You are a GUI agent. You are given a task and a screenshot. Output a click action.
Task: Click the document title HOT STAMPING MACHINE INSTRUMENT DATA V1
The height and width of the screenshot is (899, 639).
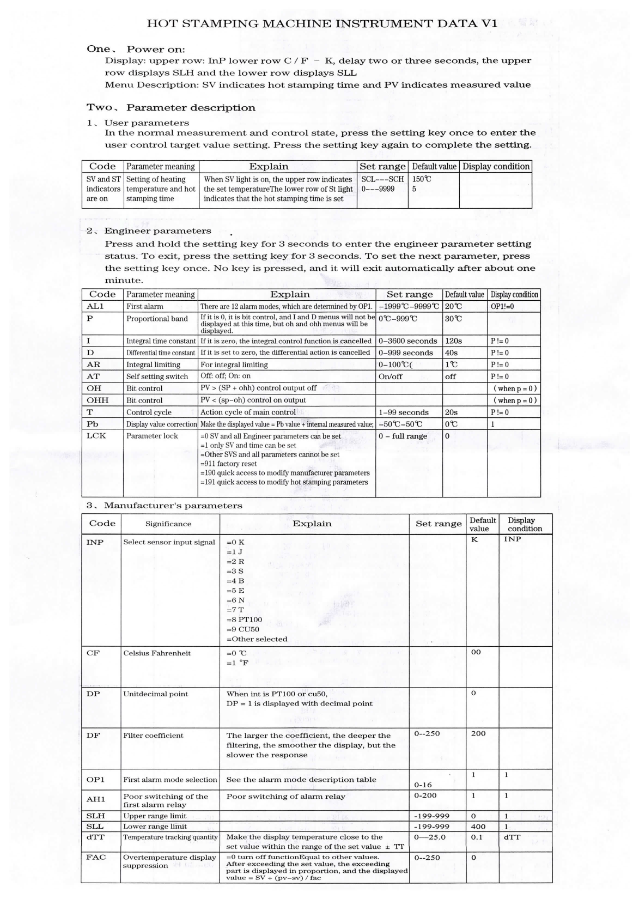pyautogui.click(x=322, y=24)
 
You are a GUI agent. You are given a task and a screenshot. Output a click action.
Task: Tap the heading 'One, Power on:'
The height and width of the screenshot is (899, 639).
pyautogui.click(x=136, y=50)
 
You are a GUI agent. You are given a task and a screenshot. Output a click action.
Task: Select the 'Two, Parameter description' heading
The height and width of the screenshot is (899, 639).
pyautogui.click(x=171, y=108)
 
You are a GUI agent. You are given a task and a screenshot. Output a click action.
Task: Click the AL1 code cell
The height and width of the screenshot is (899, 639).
pyautogui.click(x=95, y=307)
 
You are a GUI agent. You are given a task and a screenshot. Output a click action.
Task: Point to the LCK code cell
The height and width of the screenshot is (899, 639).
pyautogui.click(x=96, y=436)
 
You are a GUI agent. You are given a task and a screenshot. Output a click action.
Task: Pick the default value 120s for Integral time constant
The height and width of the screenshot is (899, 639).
pyautogui.click(x=453, y=341)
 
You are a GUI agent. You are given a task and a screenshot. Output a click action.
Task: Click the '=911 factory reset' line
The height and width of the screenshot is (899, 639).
pyautogui.click(x=229, y=464)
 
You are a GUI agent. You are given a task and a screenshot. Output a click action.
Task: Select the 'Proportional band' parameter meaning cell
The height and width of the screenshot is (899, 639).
pyautogui.click(x=157, y=319)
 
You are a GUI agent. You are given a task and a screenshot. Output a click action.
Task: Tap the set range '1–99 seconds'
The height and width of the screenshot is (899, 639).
pyautogui.click(x=404, y=412)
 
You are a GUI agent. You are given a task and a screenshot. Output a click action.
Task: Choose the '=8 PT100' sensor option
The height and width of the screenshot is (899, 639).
pyautogui.click(x=244, y=619)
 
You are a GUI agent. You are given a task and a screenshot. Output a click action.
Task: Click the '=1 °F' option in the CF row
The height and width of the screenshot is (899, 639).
pyautogui.click(x=238, y=663)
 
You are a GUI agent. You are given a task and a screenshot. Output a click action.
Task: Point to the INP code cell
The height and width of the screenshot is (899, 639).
pyautogui.click(x=95, y=542)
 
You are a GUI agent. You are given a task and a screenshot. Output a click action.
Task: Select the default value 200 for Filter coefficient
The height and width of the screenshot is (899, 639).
pyautogui.click(x=478, y=733)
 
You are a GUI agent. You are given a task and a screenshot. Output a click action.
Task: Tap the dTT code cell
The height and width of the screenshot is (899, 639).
pyautogui.click(x=95, y=837)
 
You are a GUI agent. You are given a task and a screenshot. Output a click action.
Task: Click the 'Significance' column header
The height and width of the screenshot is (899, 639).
pyautogui.click(x=168, y=524)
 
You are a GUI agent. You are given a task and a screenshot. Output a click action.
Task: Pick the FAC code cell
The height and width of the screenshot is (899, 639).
pyautogui.click(x=96, y=857)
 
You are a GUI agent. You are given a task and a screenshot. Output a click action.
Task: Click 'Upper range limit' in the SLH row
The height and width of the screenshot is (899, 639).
pyautogui.click(x=155, y=816)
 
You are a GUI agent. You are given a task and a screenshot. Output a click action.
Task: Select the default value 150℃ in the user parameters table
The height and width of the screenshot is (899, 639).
pyautogui.click(x=422, y=179)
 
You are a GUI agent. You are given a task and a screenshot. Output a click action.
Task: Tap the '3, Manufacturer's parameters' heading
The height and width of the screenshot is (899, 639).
pyautogui.click(x=164, y=506)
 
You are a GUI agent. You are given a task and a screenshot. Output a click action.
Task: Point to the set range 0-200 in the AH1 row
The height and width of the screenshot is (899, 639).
pyautogui.click(x=425, y=795)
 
